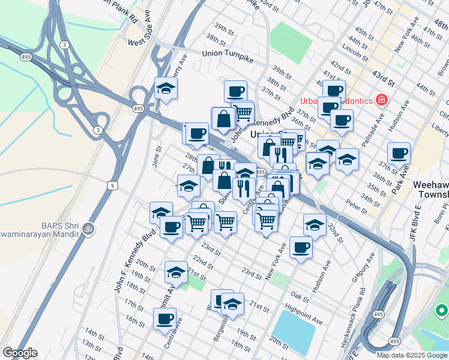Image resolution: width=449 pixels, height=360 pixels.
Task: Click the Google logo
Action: pyautogui.click(x=20, y=353)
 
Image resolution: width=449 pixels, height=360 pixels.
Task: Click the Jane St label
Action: pyautogui.click(x=158, y=157)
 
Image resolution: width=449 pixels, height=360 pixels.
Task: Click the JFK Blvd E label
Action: pyautogui.click(x=415, y=223)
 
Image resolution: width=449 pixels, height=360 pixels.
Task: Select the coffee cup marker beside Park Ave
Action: pyautogui.click(x=399, y=152)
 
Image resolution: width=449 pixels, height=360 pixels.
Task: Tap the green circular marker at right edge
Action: pyautogui.click(x=442, y=311)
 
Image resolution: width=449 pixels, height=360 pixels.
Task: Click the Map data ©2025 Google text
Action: pyautogui.click(x=412, y=355)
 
